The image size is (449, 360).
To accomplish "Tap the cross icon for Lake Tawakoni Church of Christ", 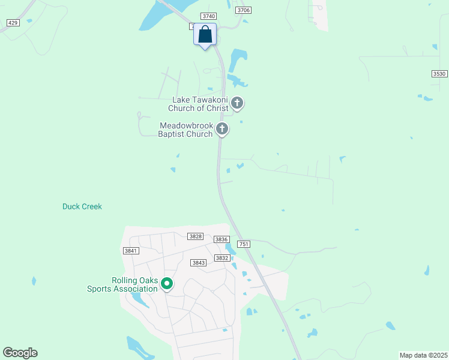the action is [237, 103].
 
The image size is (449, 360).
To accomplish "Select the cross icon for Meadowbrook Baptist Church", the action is [222, 128].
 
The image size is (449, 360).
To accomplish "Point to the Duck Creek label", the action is [82, 206].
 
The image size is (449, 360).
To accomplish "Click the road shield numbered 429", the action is [13, 22].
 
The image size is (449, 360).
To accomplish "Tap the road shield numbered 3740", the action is [209, 16].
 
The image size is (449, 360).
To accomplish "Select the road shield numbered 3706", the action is [243, 10].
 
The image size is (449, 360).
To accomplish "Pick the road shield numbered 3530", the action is [439, 73].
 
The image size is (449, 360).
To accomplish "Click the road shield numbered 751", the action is [244, 244].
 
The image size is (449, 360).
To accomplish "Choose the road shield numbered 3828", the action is [195, 237].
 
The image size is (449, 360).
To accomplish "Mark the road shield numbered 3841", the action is [130, 251].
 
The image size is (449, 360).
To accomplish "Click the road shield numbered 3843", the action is [199, 263].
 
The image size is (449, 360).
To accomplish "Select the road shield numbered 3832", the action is [223, 257].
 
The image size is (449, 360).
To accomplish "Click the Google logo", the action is [20, 353].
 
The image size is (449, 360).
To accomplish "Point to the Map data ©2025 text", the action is [423, 355].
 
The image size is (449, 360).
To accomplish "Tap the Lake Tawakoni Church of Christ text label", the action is [200, 104].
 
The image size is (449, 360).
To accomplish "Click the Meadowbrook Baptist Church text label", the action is [185, 130].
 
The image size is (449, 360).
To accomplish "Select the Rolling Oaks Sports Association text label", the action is [122, 284].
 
